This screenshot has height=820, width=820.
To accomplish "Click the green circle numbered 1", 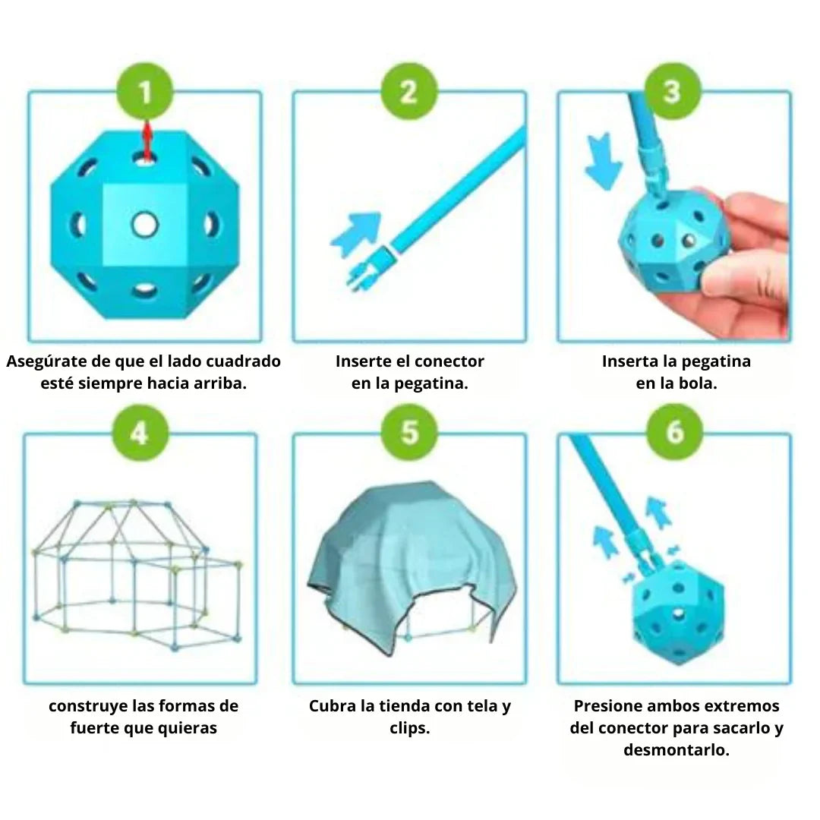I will [x=144, y=93].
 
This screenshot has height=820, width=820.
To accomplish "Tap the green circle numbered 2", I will [x=408, y=93].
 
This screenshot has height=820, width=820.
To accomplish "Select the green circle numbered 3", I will [x=672, y=93].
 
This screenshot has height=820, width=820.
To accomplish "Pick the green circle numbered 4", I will [x=139, y=434].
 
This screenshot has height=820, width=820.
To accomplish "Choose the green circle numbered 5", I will [x=409, y=434].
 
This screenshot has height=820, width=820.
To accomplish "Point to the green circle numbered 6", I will [x=674, y=434].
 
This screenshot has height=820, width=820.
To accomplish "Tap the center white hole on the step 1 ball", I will [x=143, y=224].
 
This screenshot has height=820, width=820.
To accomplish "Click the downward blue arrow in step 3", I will [x=604, y=160].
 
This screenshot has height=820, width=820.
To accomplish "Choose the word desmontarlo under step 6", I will [x=676, y=750].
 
